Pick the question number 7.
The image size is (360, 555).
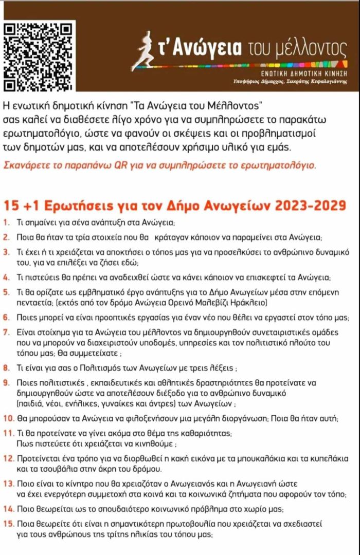pos(6,332)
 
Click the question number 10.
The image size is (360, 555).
pos(8,418)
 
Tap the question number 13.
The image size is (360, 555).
pos(8,484)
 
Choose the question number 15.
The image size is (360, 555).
pos(8,524)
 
